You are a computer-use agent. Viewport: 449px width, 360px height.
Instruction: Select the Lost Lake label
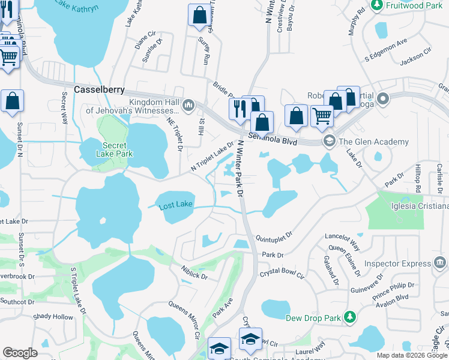[x=176, y=205]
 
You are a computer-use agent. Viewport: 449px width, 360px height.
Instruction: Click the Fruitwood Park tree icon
[x=377, y=5]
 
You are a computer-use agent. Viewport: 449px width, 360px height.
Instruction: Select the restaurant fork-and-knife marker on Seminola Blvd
[x=238, y=109]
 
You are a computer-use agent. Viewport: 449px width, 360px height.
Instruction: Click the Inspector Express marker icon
[x=439, y=262]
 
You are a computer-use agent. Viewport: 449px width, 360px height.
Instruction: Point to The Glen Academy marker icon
[x=328, y=142]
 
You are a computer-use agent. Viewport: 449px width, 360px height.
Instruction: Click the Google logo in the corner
[x=20, y=353]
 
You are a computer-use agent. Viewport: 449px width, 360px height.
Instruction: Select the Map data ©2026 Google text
[x=412, y=355]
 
